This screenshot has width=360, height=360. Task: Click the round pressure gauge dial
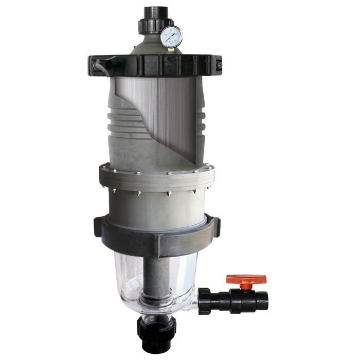coord(171,36)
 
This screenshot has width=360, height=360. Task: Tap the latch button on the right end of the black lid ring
coord(220,66)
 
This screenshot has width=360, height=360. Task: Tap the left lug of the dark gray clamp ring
coord(98,227)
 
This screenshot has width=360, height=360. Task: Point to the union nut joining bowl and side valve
coord(204,299)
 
